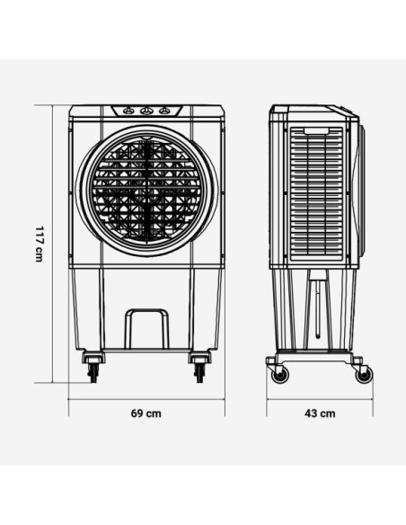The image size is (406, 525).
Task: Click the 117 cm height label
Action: click(x=39, y=243)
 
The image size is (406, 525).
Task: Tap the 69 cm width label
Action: click(x=146, y=414)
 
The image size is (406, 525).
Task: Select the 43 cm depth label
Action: click(x=320, y=414)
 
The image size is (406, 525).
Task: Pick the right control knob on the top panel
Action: click(x=164, y=111)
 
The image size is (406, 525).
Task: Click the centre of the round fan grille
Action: click(x=147, y=191)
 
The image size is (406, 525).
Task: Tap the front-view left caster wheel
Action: click(x=93, y=371)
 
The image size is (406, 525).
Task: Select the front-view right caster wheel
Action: click(x=199, y=371)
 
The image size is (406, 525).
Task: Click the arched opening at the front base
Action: click(x=146, y=330)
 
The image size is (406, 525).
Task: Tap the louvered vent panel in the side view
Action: click(x=316, y=196)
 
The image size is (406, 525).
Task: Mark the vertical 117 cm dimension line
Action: click(x=51, y=243)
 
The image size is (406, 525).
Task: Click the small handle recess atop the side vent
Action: click(x=316, y=131)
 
